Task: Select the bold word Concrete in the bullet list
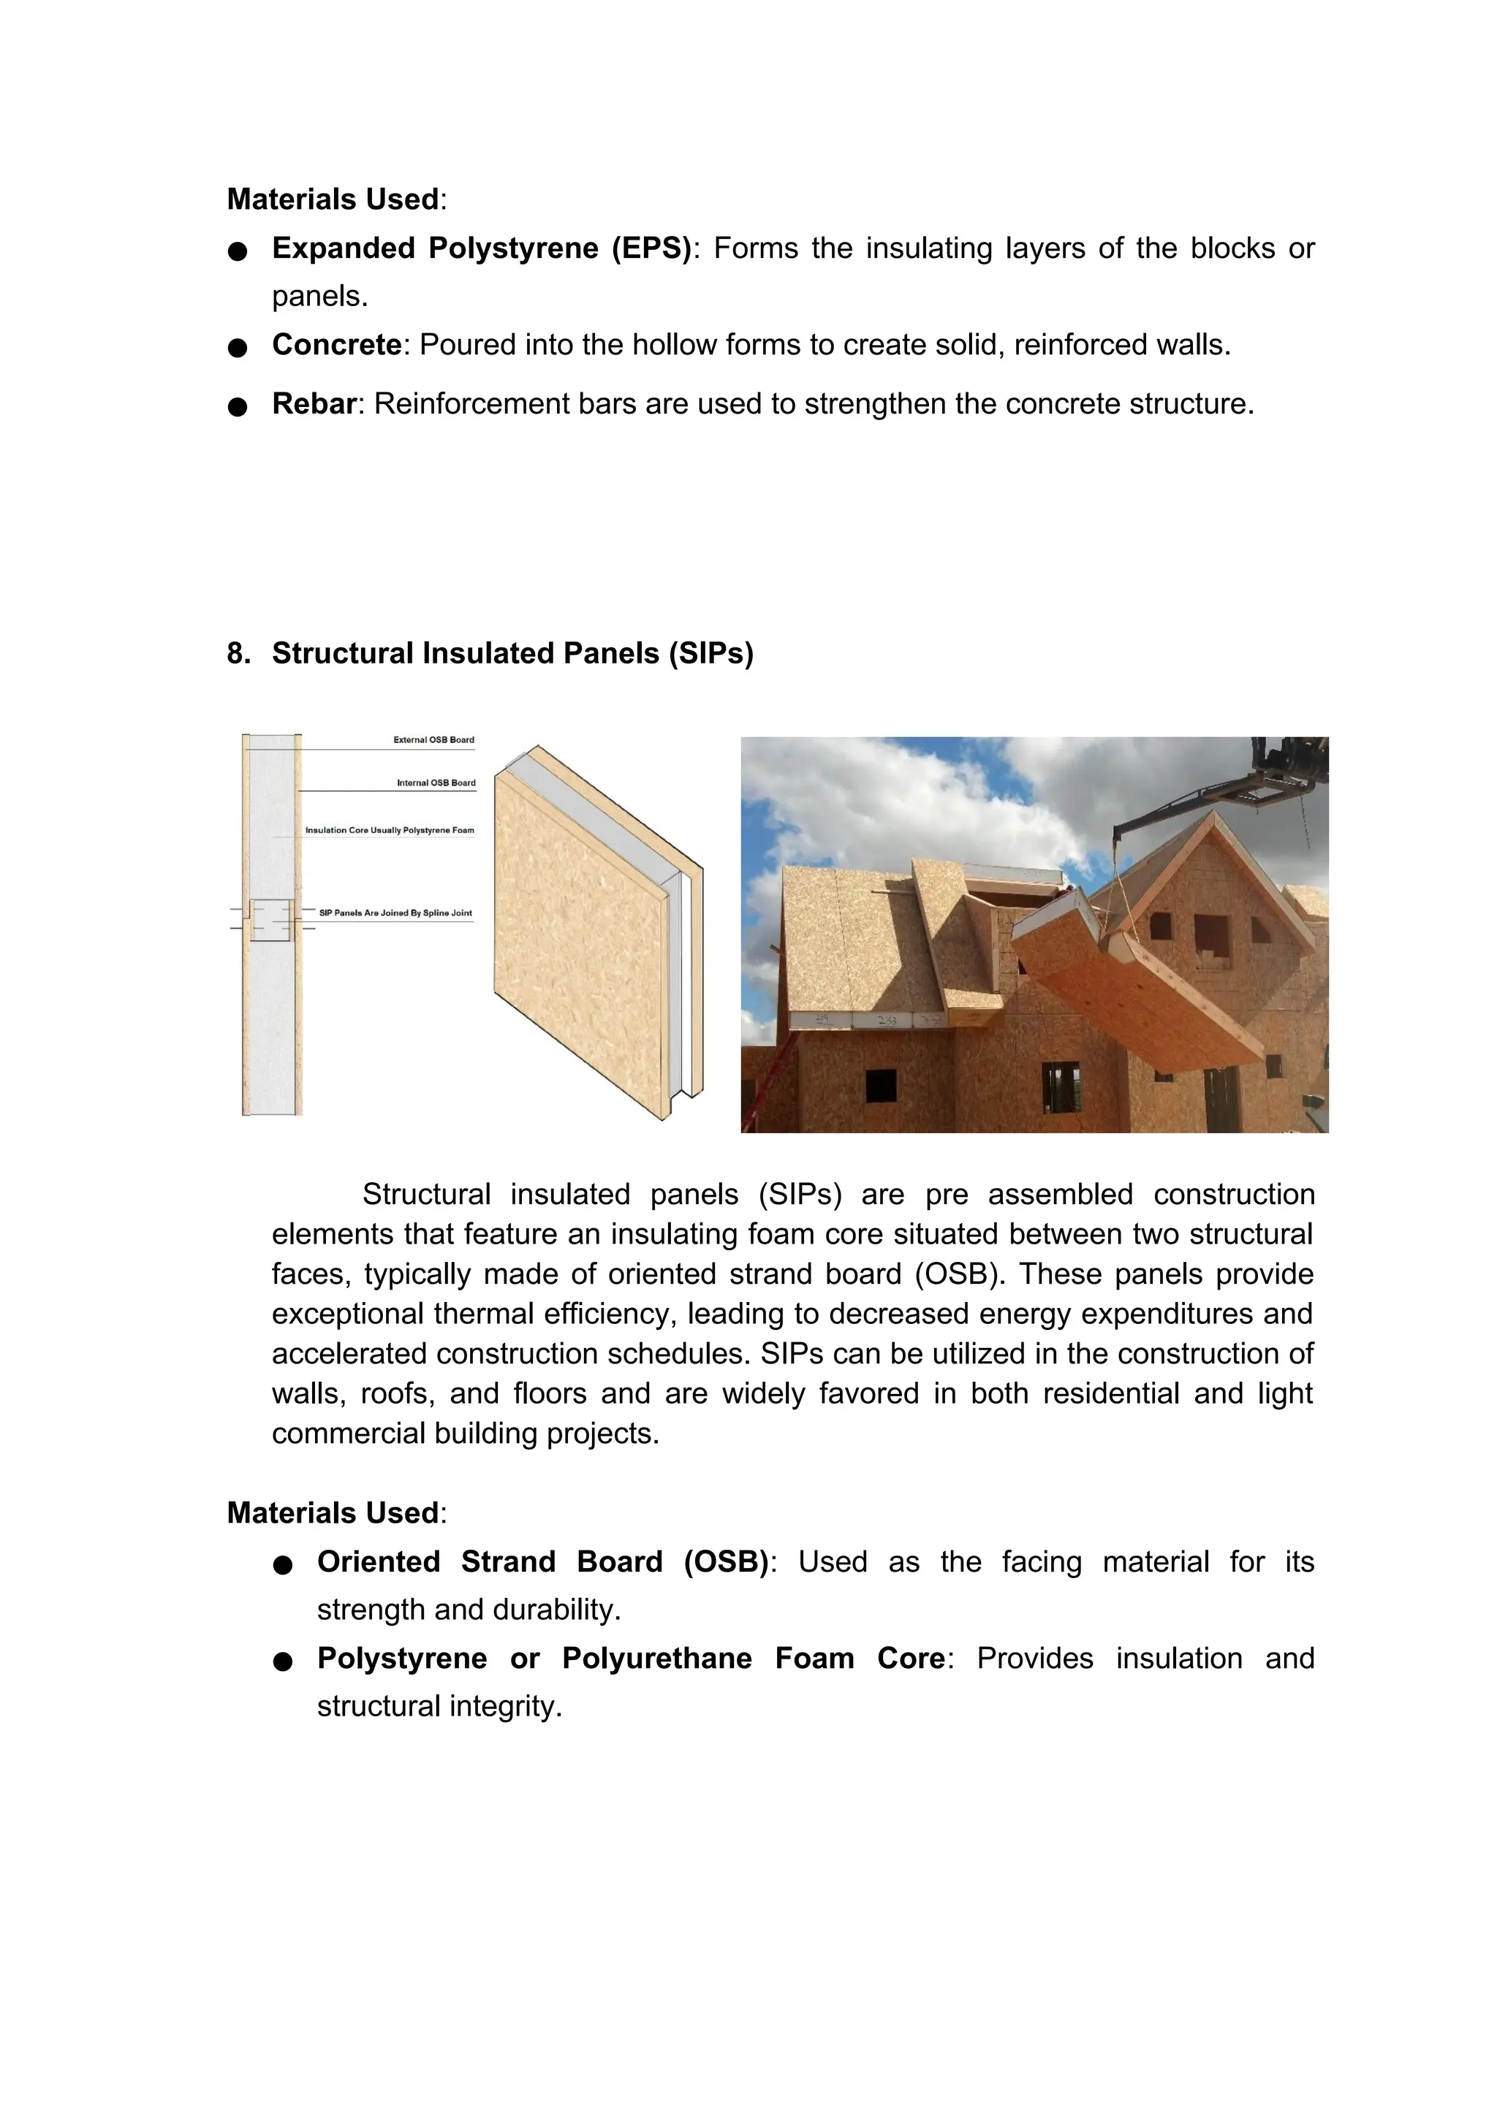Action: point(336,346)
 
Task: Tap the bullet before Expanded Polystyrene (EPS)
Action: point(238,251)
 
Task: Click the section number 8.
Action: point(238,653)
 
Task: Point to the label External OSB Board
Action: point(433,739)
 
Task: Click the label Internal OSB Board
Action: point(436,783)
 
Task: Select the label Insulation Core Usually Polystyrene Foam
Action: point(390,830)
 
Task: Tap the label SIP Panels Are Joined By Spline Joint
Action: point(395,913)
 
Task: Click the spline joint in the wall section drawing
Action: point(272,920)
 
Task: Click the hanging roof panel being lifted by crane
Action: point(1134,995)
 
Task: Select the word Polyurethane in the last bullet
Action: point(656,1659)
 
